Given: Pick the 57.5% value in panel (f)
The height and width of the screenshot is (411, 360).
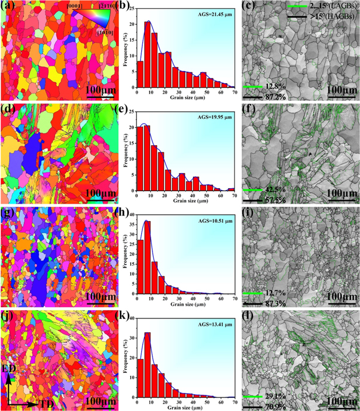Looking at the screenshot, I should coord(256,198).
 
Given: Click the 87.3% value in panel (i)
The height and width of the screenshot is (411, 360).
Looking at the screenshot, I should coord(256,302).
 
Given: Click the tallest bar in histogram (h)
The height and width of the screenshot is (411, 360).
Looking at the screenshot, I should coord(148,260).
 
